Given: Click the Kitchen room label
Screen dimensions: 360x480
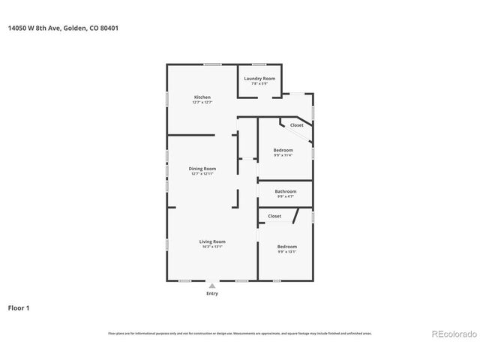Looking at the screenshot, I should (202, 97).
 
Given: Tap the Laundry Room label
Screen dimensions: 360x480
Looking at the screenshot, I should (259, 78).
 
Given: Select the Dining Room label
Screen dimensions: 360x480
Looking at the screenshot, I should (202, 168).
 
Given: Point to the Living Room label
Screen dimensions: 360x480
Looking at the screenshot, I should (212, 241).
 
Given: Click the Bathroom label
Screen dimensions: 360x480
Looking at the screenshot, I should (286, 191).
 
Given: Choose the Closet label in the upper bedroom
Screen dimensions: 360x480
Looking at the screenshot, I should (297, 125).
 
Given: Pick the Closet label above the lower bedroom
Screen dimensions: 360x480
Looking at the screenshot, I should (274, 216).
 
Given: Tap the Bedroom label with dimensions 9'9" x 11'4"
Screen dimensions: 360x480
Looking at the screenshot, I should (283, 150).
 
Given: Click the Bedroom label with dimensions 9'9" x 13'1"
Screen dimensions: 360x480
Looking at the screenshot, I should (287, 247).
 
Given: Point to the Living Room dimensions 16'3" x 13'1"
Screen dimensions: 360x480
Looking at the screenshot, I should (212, 247).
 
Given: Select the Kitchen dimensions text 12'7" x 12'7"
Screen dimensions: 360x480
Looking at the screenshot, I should (202, 103).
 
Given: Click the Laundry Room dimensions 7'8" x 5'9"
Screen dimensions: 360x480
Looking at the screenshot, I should (259, 83).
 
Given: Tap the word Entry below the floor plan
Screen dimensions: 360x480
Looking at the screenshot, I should (212, 293).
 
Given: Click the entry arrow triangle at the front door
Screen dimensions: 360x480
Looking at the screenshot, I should (212, 285).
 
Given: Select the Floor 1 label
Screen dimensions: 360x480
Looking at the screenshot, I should (19, 307).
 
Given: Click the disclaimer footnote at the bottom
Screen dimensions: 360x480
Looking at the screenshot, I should (239, 333).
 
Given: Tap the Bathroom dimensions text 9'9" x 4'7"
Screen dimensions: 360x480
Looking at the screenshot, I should (286, 196).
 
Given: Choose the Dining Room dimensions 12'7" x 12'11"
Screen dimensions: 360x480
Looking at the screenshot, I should (202, 173).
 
